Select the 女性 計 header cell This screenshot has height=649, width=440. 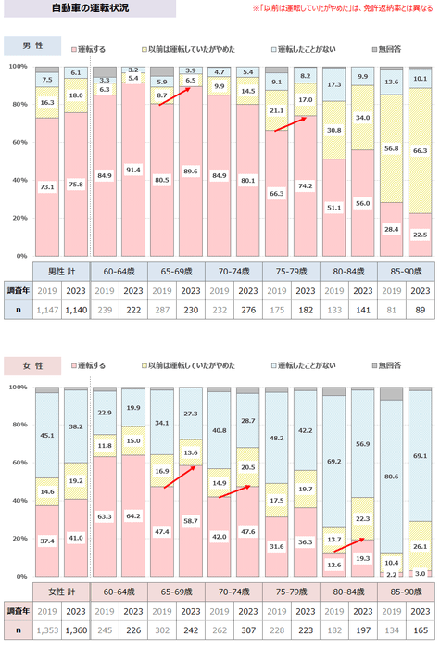(61, 591)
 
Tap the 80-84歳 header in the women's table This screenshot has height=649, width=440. (351, 591)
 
